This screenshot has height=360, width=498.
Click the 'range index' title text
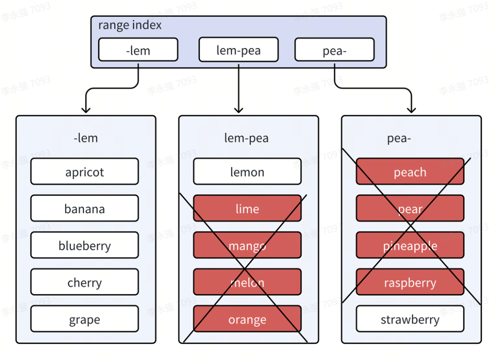coord(130,25)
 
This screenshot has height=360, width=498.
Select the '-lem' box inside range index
coord(138,49)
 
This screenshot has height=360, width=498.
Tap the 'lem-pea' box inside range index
coord(238,49)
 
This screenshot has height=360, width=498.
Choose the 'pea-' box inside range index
coord(334,49)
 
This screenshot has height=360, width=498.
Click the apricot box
coord(84,171)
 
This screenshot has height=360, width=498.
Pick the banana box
coord(84,208)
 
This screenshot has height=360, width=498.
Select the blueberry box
coord(84,245)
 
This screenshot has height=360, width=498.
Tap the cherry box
coord(84,282)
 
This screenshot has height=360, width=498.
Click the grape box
coord(84,319)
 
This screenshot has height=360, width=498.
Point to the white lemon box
coord(248,171)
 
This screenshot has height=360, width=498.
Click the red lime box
coord(248,208)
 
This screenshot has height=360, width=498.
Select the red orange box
coord(248,319)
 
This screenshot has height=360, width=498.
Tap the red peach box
coord(410,171)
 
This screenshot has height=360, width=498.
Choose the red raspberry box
coord(410,282)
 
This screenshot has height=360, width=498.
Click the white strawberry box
coord(410,319)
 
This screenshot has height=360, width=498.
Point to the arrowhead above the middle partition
coord(238,110)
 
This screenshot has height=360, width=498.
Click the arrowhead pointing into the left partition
coord(86,110)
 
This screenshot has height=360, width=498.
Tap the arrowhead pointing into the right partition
coord(411,110)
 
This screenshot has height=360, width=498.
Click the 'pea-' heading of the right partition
coord(399,138)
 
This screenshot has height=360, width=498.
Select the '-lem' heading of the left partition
coord(86,138)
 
